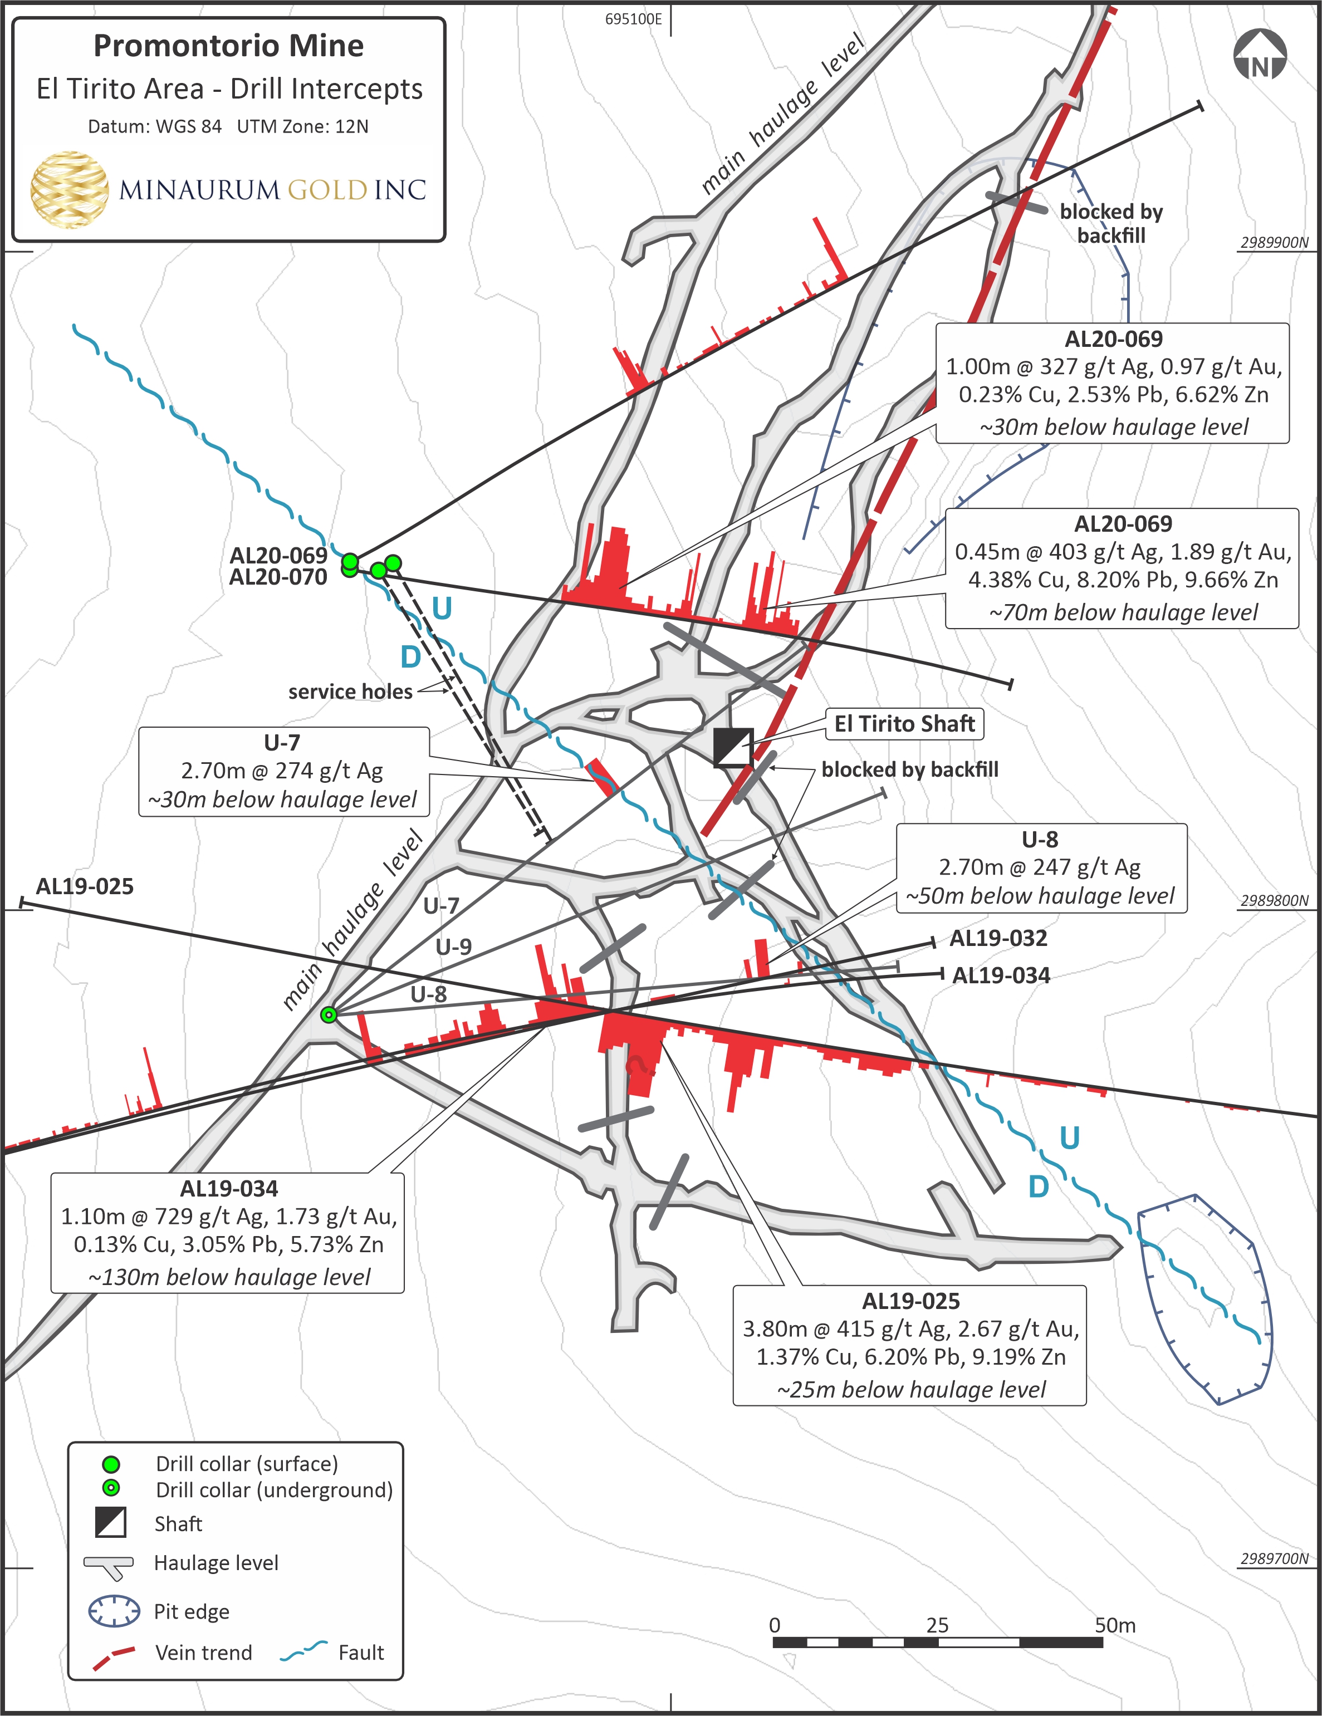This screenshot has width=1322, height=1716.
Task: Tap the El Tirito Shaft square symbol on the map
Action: tap(732, 747)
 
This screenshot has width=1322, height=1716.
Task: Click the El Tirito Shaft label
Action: tap(904, 724)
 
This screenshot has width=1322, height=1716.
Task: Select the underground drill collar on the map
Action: tap(329, 1014)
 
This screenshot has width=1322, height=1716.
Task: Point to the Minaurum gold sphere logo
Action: tap(69, 189)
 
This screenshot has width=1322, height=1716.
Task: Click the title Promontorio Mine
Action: tap(229, 46)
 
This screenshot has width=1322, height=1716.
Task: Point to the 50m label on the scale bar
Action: tap(1114, 1625)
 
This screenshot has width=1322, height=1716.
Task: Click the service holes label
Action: tap(350, 692)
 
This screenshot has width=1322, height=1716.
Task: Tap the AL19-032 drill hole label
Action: tap(998, 938)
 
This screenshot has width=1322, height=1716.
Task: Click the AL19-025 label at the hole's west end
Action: tap(85, 886)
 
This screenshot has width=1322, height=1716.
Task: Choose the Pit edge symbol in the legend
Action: tap(114, 1611)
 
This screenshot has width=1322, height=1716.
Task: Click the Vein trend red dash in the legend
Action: tap(114, 1653)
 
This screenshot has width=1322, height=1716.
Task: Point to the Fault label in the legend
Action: tap(361, 1653)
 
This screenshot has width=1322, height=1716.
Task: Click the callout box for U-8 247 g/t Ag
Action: tap(1041, 867)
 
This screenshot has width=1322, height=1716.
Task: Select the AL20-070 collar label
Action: tap(278, 577)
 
